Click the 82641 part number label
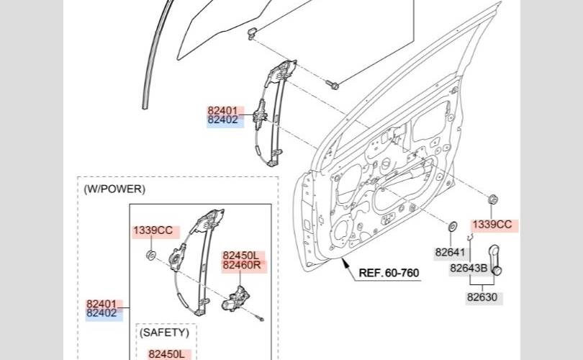(x=451, y=253)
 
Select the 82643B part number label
(x=469, y=269)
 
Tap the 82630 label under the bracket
(x=482, y=296)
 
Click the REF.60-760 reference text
(x=389, y=273)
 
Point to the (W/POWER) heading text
(x=114, y=189)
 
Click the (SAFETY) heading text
(x=164, y=333)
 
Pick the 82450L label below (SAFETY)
(x=167, y=354)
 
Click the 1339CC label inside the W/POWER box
(x=153, y=231)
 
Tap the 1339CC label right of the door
(x=492, y=225)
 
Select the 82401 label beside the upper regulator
(x=222, y=111)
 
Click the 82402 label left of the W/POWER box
(x=101, y=313)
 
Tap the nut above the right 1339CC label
(x=493, y=199)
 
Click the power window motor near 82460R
(x=237, y=298)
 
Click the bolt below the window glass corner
(x=333, y=85)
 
